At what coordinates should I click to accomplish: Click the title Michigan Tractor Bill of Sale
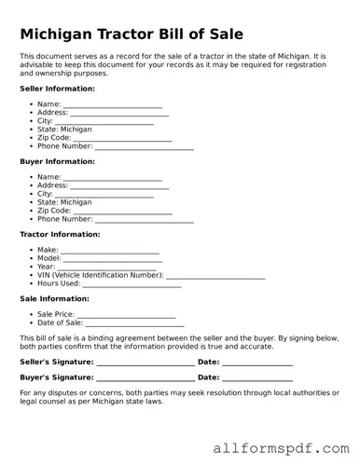pos(132,34)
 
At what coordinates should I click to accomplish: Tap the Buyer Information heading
pos(57,161)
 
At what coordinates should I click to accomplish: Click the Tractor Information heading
pos(61,234)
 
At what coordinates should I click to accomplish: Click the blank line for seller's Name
pos(112,106)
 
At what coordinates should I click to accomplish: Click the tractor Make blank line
pos(110,252)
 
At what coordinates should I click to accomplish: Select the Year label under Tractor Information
pos(46,267)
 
